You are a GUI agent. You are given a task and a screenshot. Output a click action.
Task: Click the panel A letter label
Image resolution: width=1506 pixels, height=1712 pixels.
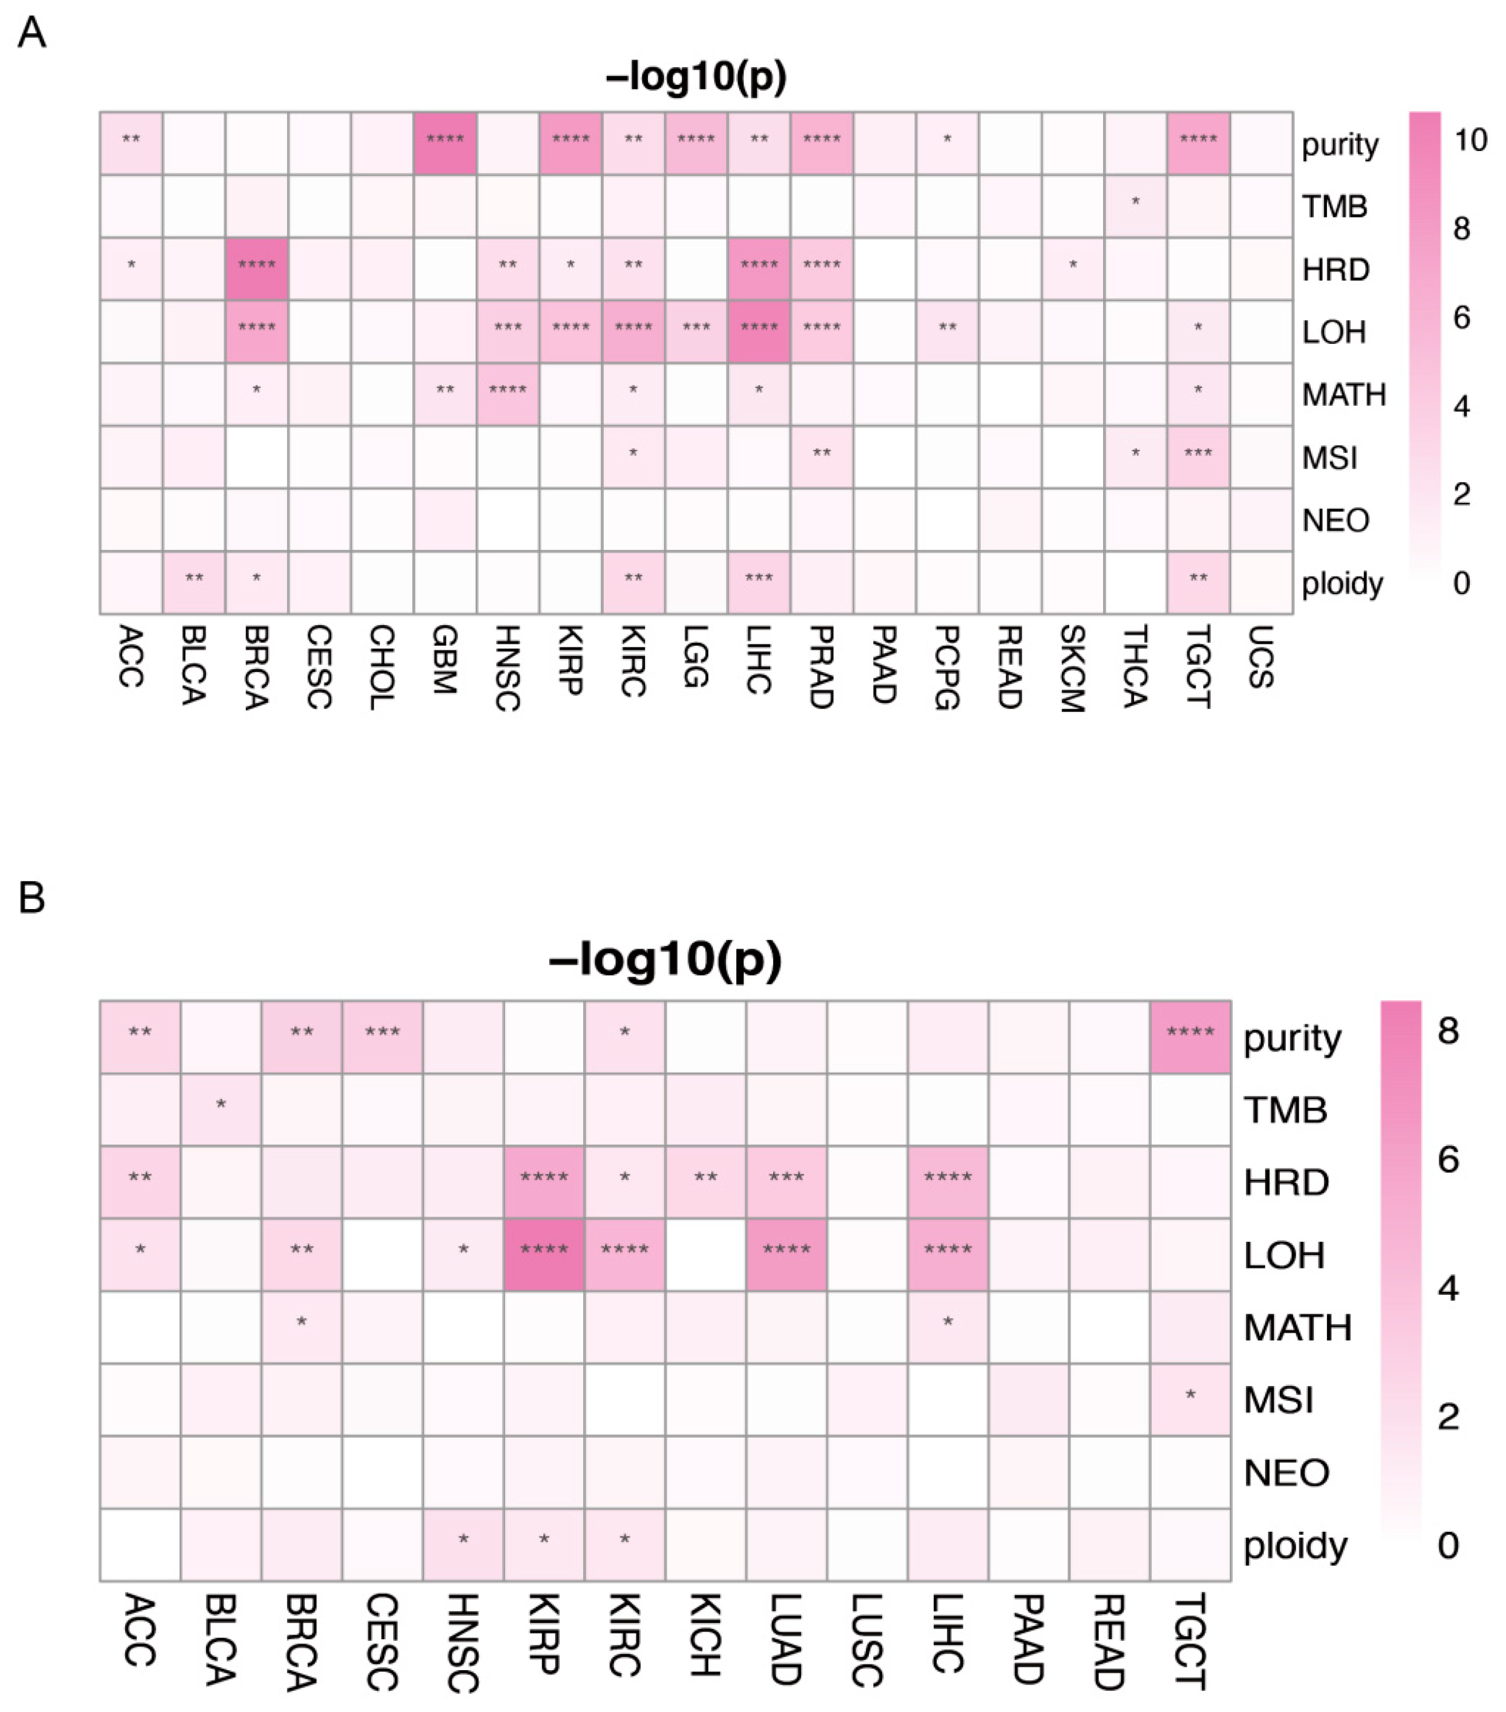[31, 33]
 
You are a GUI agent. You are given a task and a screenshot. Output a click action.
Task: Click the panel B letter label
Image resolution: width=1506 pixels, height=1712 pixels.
[31, 897]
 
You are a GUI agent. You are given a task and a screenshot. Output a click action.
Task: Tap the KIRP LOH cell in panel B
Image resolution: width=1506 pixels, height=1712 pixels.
[544, 1255]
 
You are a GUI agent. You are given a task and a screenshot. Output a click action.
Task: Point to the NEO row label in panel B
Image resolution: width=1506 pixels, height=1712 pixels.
[1286, 1473]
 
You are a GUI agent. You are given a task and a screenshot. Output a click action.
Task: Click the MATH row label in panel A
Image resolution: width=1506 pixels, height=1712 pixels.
[1342, 394]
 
